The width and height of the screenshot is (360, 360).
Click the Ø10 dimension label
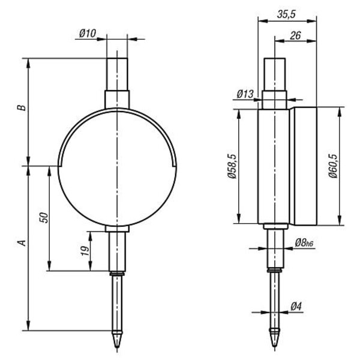[x=88, y=34]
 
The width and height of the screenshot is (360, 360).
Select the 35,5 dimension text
[x=286, y=14]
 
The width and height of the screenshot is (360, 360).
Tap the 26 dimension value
[x=295, y=35]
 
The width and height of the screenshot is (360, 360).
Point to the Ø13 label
[x=245, y=94]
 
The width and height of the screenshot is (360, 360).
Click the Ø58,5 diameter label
[x=232, y=166]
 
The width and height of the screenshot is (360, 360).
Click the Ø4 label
[x=296, y=307]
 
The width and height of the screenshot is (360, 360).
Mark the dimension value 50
[x=44, y=218]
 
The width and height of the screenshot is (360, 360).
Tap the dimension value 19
[x=85, y=251]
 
